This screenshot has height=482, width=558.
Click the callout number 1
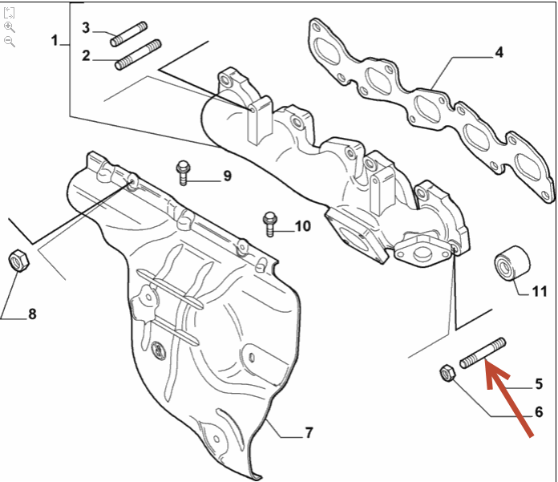pyautogui.click(x=55, y=40)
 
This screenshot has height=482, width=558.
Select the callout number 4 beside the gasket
pyautogui.click(x=499, y=52)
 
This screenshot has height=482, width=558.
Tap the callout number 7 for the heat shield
pyautogui.click(x=309, y=432)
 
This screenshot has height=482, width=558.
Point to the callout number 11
pyautogui.click(x=539, y=291)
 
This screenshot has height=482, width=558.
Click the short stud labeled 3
pyautogui.click(x=128, y=34)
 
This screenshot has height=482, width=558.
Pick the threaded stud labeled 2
pyautogui.click(x=138, y=55)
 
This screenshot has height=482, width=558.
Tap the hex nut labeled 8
pyautogui.click(x=18, y=261)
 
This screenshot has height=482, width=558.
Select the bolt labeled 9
pyautogui.click(x=184, y=173)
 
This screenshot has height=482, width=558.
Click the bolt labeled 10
pyautogui.click(x=269, y=225)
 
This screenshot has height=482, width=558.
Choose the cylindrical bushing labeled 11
pyautogui.click(x=512, y=263)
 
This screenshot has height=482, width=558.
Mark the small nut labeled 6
pyautogui.click(x=447, y=373)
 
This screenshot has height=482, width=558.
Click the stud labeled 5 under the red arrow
pyautogui.click(x=483, y=353)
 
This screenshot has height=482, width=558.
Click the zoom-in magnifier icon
pyautogui.click(x=10, y=27)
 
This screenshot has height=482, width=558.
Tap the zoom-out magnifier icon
pyautogui.click(x=10, y=42)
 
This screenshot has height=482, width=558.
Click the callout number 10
pyautogui.click(x=302, y=226)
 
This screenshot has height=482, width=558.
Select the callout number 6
pyautogui.click(x=539, y=412)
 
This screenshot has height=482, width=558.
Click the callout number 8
pyautogui.click(x=32, y=314)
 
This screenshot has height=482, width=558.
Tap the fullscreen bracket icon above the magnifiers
pyautogui.click(x=10, y=13)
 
